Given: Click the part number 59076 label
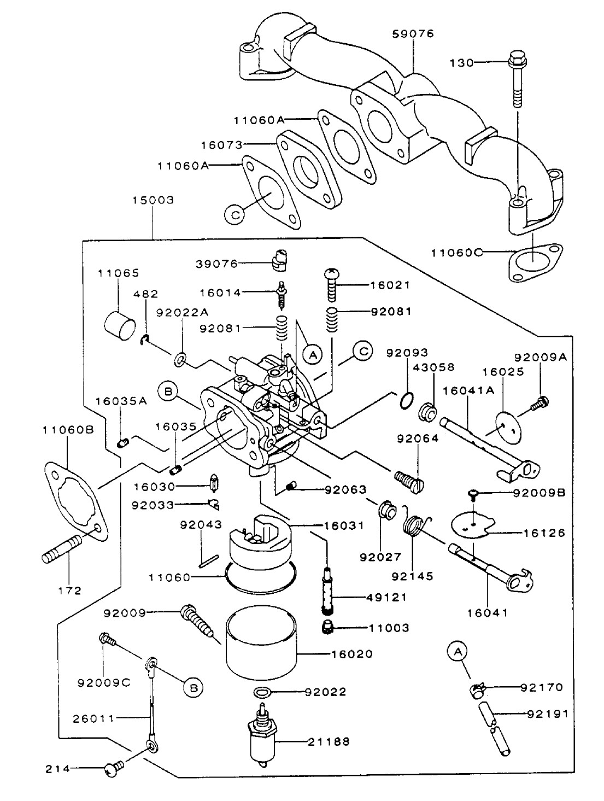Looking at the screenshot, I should point(413,34).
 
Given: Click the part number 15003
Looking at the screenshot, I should point(153,200).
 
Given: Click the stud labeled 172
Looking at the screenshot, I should point(61,550).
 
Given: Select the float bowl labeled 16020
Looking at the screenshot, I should point(261,640).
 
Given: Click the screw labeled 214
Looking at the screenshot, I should point(114,769).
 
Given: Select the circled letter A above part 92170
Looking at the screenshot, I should point(458,651).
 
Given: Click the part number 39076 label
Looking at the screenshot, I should point(216,264).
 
